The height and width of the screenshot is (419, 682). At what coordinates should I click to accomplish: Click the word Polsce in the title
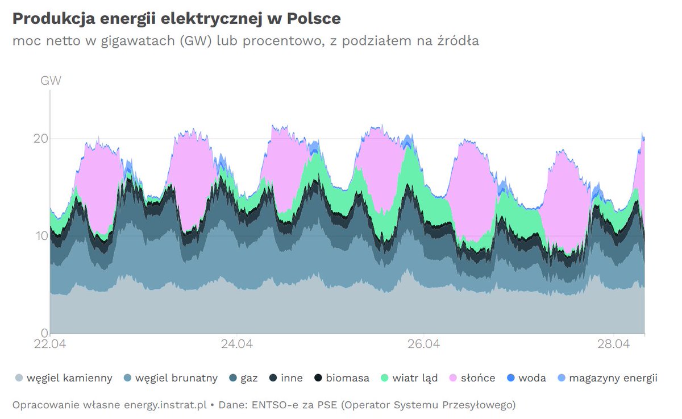[x=313, y=18]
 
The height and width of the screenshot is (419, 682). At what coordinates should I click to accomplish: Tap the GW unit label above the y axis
[x=51, y=81]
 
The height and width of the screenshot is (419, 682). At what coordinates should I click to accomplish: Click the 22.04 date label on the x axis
[x=50, y=345]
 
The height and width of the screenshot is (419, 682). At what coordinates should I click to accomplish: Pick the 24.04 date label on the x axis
[x=237, y=345]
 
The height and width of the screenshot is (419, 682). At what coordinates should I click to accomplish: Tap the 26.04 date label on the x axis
[x=424, y=345]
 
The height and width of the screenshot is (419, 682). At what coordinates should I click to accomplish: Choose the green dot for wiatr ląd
[x=385, y=378]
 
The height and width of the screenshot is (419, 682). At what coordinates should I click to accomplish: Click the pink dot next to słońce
[x=454, y=378]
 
